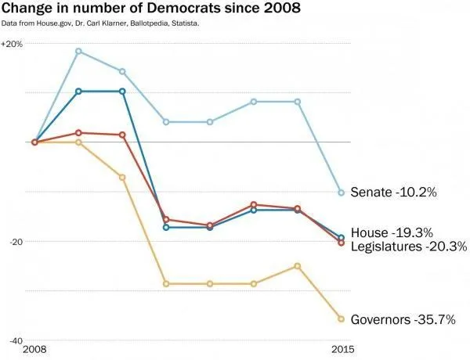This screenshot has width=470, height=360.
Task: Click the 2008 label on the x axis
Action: [35, 349]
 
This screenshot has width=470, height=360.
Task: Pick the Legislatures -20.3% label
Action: [408, 247]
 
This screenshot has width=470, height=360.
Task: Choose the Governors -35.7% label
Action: [403, 319]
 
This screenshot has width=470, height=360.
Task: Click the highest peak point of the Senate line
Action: [78, 51]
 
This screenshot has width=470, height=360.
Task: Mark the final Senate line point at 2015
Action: [341, 193]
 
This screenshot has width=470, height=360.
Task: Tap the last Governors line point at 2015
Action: [341, 319]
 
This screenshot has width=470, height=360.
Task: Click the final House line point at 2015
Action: [341, 237]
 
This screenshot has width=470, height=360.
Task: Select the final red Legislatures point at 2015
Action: [341, 243]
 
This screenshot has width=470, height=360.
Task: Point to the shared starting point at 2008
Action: [35, 142]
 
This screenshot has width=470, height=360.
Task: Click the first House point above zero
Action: [78, 92]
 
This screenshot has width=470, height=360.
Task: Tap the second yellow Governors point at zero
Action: [78, 142]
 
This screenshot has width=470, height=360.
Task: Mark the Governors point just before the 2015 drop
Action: [297, 266]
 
